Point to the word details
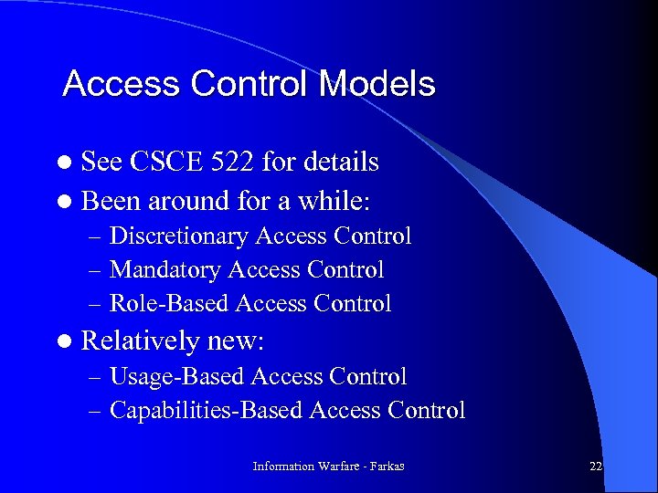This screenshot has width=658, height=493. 339,162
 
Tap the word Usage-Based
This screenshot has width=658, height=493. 176,376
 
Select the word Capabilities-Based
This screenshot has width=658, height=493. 206,411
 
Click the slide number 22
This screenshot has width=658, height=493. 596,467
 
